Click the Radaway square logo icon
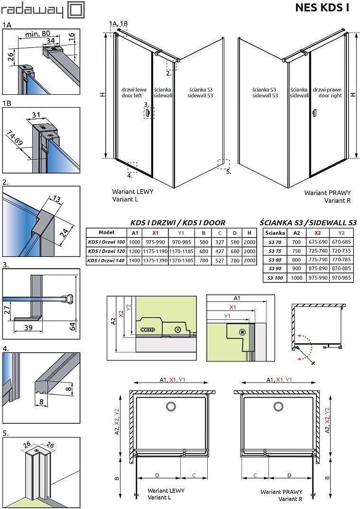(x=76, y=10)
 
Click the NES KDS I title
(x=322, y=8)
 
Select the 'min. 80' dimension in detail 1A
(x=37, y=34)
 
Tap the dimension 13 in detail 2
(x=56, y=198)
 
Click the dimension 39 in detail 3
(x=28, y=327)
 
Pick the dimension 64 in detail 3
(x=73, y=326)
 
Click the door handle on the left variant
(x=148, y=113)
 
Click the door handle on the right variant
(x=314, y=113)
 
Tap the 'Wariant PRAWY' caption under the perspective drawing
(x=327, y=193)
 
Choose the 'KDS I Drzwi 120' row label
(x=106, y=251)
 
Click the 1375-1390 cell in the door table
(x=155, y=260)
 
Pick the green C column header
(x=220, y=233)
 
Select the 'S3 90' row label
(x=275, y=269)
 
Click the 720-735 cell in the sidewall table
(x=342, y=251)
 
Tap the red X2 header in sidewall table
(x=317, y=233)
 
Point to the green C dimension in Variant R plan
(x=255, y=475)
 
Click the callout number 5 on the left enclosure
(x=229, y=172)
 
